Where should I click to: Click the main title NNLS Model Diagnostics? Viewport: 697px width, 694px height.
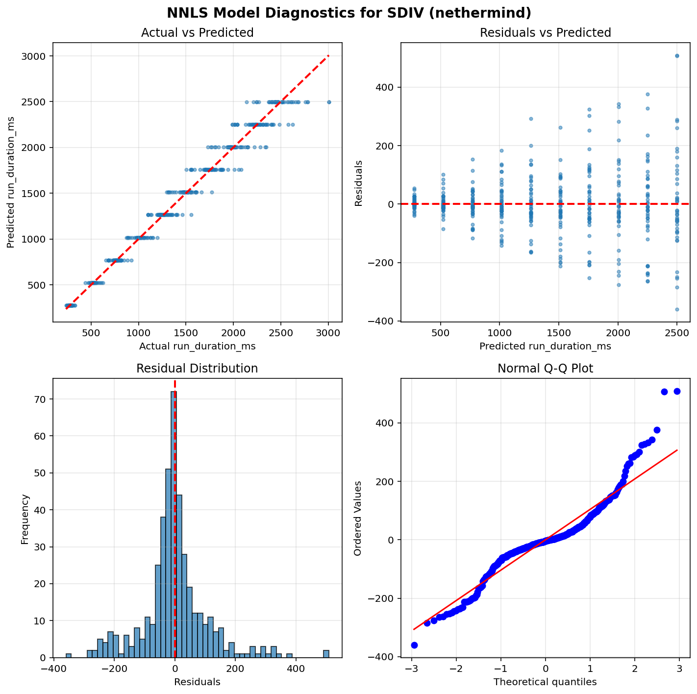pyautogui.click(x=348, y=13)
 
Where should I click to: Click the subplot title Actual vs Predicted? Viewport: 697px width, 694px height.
pyautogui.click(x=197, y=33)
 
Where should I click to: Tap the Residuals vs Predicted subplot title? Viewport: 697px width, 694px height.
pyautogui.click(x=545, y=33)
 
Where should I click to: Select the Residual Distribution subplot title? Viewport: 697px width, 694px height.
pyautogui.click(x=197, y=369)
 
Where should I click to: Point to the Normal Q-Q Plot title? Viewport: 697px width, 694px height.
pyautogui.click(x=545, y=369)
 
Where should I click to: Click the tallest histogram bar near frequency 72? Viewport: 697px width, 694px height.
pyautogui.click(x=174, y=524)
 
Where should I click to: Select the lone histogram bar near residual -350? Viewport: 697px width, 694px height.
pyautogui.click(x=69, y=655)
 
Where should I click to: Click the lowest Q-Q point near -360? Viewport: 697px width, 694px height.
pyautogui.click(x=414, y=645)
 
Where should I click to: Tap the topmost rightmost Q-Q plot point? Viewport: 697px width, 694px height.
pyautogui.click(x=677, y=391)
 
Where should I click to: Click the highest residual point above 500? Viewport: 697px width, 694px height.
pyautogui.click(x=677, y=56)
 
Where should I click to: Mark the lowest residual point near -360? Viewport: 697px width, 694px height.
pyautogui.click(x=677, y=309)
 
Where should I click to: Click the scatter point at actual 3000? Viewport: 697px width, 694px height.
pyautogui.click(x=329, y=102)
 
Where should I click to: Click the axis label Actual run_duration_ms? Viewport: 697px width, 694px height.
pyautogui.click(x=197, y=346)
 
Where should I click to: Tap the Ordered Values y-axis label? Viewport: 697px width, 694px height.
pyautogui.click(x=358, y=518)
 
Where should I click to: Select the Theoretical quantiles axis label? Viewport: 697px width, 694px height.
pyautogui.click(x=545, y=682)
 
